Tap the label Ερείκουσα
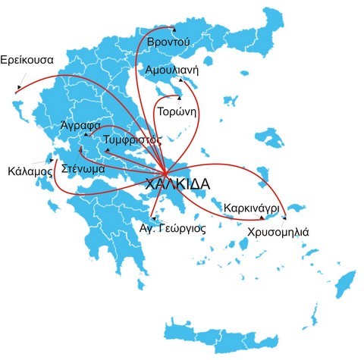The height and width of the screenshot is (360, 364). (28, 58)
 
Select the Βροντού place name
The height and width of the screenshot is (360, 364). (168, 41)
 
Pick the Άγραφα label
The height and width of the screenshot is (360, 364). (78, 126)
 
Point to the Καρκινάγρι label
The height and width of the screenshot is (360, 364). (253, 207)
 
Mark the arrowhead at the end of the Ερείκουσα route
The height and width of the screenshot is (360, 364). (17, 89)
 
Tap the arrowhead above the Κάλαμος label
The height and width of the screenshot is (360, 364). (49, 159)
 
